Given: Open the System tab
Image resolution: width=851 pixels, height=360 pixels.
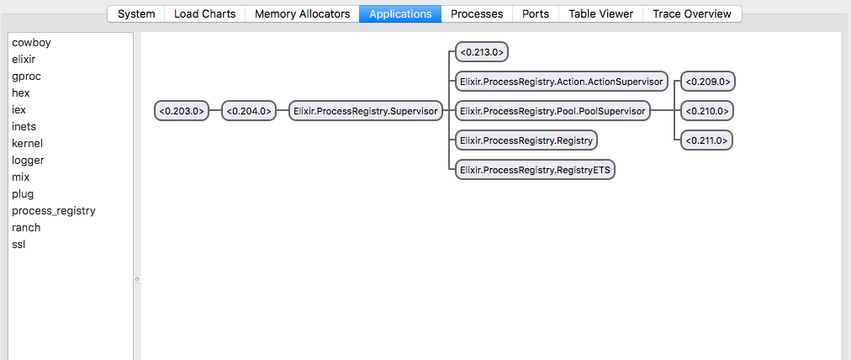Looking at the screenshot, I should [x=136, y=13].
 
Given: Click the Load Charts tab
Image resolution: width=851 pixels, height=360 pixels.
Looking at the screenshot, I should [x=204, y=13].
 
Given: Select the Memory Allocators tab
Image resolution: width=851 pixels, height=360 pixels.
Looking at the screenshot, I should [x=302, y=13].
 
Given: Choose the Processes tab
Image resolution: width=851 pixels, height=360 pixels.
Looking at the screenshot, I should [x=477, y=13].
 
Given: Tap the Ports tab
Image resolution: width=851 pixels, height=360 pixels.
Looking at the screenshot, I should [x=536, y=13].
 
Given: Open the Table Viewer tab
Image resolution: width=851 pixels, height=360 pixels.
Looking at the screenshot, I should [x=600, y=13].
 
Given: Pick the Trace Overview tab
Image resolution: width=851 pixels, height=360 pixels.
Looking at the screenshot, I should [x=692, y=13].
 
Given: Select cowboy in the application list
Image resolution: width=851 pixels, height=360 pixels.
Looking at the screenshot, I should [x=31, y=43].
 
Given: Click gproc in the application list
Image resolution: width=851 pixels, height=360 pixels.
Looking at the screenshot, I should [x=26, y=77].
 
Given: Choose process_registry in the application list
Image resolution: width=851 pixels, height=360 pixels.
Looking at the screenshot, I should [x=54, y=211].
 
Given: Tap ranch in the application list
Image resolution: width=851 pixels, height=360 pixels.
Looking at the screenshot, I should [x=26, y=228].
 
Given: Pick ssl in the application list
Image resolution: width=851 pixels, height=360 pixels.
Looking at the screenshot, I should [x=19, y=245].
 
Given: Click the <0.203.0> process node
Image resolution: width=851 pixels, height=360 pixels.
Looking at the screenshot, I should [x=182, y=110].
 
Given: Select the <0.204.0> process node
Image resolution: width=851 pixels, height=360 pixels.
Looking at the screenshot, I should [x=249, y=110].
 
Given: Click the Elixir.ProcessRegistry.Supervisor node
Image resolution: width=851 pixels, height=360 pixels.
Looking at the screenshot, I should [x=365, y=110].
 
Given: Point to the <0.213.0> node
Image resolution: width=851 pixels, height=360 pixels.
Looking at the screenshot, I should [x=482, y=52].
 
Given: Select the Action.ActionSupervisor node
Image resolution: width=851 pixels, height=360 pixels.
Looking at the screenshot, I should [x=561, y=82].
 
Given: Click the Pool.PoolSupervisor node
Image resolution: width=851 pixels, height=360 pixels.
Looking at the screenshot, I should [x=552, y=110].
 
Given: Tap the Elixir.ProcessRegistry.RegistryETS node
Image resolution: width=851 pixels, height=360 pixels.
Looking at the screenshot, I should [x=535, y=169].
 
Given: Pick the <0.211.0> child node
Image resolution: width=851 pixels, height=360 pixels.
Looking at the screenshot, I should [x=707, y=140].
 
